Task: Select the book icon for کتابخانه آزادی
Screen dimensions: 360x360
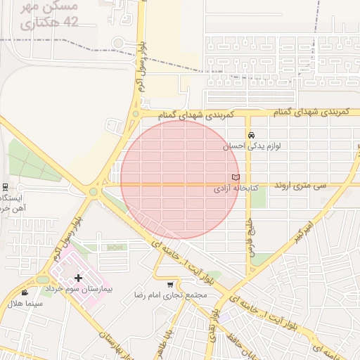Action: [236, 177]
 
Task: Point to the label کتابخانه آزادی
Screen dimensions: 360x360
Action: [236, 190]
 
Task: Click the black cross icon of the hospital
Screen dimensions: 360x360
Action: [78, 278]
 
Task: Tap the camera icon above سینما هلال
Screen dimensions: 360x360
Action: [25, 292]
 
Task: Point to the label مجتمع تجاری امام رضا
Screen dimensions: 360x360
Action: [171, 296]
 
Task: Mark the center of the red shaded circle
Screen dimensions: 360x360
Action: [181, 180]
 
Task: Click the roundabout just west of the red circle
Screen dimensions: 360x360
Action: [93, 191]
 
